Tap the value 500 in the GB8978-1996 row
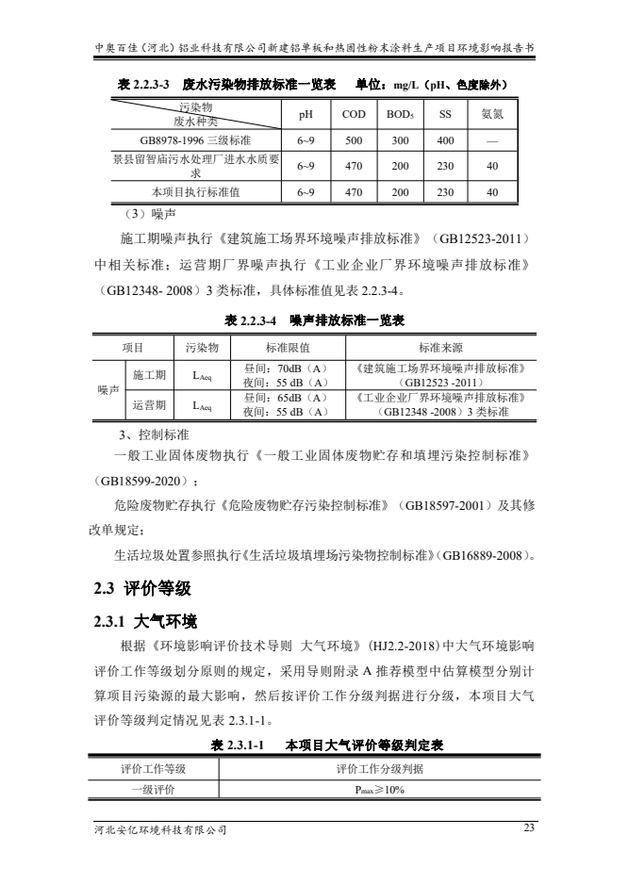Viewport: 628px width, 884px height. pyautogui.click(x=355, y=140)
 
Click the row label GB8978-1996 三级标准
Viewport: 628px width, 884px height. pyautogui.click(x=182, y=140)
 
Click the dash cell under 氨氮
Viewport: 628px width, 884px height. pyautogui.click(x=492, y=140)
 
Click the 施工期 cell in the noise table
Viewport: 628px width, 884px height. pyautogui.click(x=150, y=375)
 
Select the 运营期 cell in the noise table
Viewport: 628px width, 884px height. pyautogui.click(x=150, y=405)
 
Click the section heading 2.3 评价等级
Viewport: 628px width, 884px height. pyautogui.click(x=142, y=589)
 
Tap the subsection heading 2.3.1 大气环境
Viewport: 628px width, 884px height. pyautogui.click(x=145, y=621)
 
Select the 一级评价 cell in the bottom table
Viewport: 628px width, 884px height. pyautogui.click(x=154, y=789)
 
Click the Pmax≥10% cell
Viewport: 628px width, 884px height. pyautogui.click(x=380, y=789)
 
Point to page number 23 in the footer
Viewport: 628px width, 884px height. pyautogui.click(x=528, y=827)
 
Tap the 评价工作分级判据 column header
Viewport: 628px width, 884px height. pyautogui.click(x=380, y=768)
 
